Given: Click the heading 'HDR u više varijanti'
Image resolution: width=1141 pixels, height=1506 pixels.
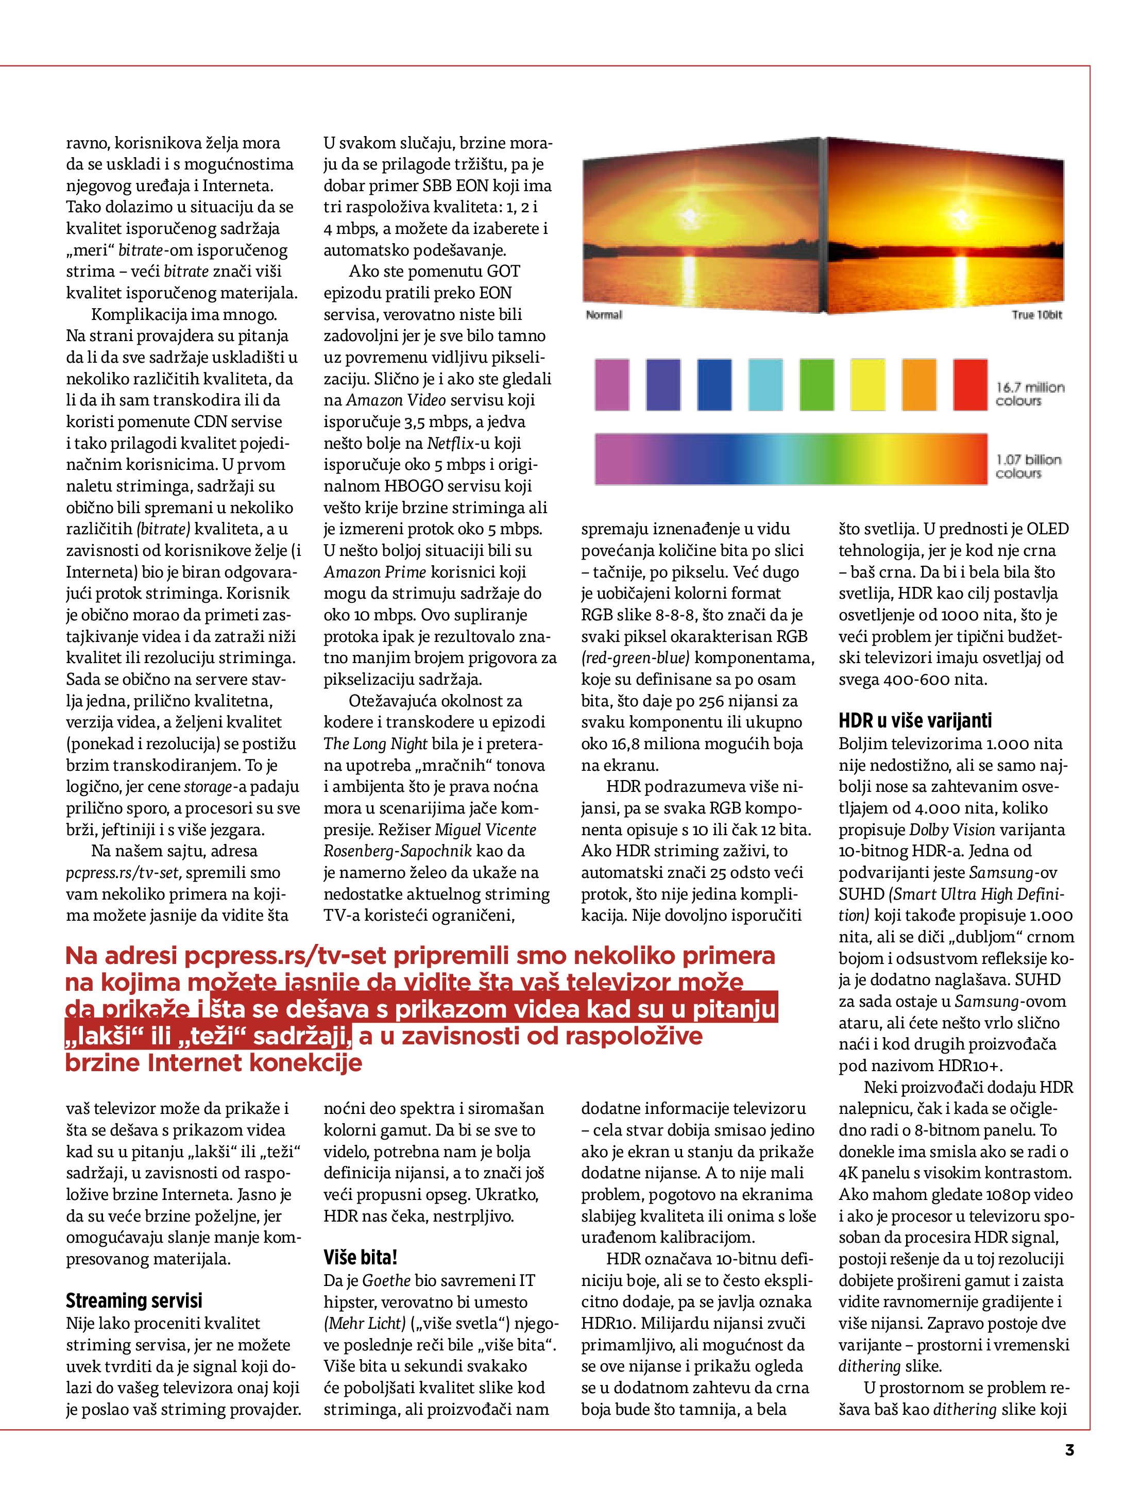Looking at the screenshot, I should (x=915, y=720).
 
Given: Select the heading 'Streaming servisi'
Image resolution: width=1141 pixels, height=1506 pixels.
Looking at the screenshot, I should (x=134, y=1300).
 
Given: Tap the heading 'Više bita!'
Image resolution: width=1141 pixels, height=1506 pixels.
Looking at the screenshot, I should (x=360, y=1257).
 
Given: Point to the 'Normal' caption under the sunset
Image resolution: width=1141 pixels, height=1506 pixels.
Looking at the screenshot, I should (x=604, y=314).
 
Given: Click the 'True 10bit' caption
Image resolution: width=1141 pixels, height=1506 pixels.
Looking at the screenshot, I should (x=1036, y=314).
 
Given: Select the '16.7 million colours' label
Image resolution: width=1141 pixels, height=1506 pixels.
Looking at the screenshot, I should (x=1029, y=394).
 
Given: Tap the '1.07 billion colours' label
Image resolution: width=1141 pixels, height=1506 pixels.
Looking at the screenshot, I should (x=1028, y=466).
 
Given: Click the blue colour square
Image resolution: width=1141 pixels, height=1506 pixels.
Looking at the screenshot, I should (x=714, y=385).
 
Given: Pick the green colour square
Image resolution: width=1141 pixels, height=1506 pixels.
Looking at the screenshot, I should (x=816, y=385).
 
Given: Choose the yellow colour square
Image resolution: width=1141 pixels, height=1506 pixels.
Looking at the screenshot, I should (x=867, y=385).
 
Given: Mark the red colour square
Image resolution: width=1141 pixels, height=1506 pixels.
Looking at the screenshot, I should (x=970, y=385).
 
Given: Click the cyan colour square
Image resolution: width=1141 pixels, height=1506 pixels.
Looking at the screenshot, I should (x=765, y=385).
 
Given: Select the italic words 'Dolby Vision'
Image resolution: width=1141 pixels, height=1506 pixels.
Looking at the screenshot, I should (x=952, y=830).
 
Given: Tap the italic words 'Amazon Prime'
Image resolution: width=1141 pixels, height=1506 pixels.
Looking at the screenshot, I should (x=374, y=572).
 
